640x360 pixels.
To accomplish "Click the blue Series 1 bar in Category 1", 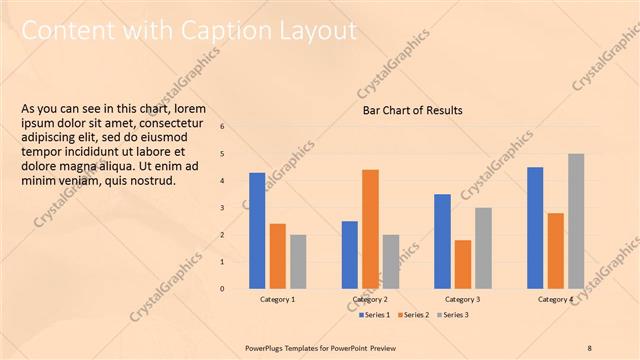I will click(x=257, y=231).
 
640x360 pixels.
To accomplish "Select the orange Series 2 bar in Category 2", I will click(x=370, y=229).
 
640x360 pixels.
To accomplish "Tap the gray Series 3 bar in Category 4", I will click(x=576, y=221).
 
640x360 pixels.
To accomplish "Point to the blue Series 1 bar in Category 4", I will click(x=535, y=228).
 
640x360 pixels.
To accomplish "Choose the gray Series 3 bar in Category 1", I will click(x=298, y=261).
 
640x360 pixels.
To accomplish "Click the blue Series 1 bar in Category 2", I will click(x=350, y=255).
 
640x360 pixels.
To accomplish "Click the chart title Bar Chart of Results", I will click(x=412, y=110).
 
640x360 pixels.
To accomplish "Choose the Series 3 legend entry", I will click(x=454, y=315).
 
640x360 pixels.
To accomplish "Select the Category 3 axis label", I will click(x=463, y=300).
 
